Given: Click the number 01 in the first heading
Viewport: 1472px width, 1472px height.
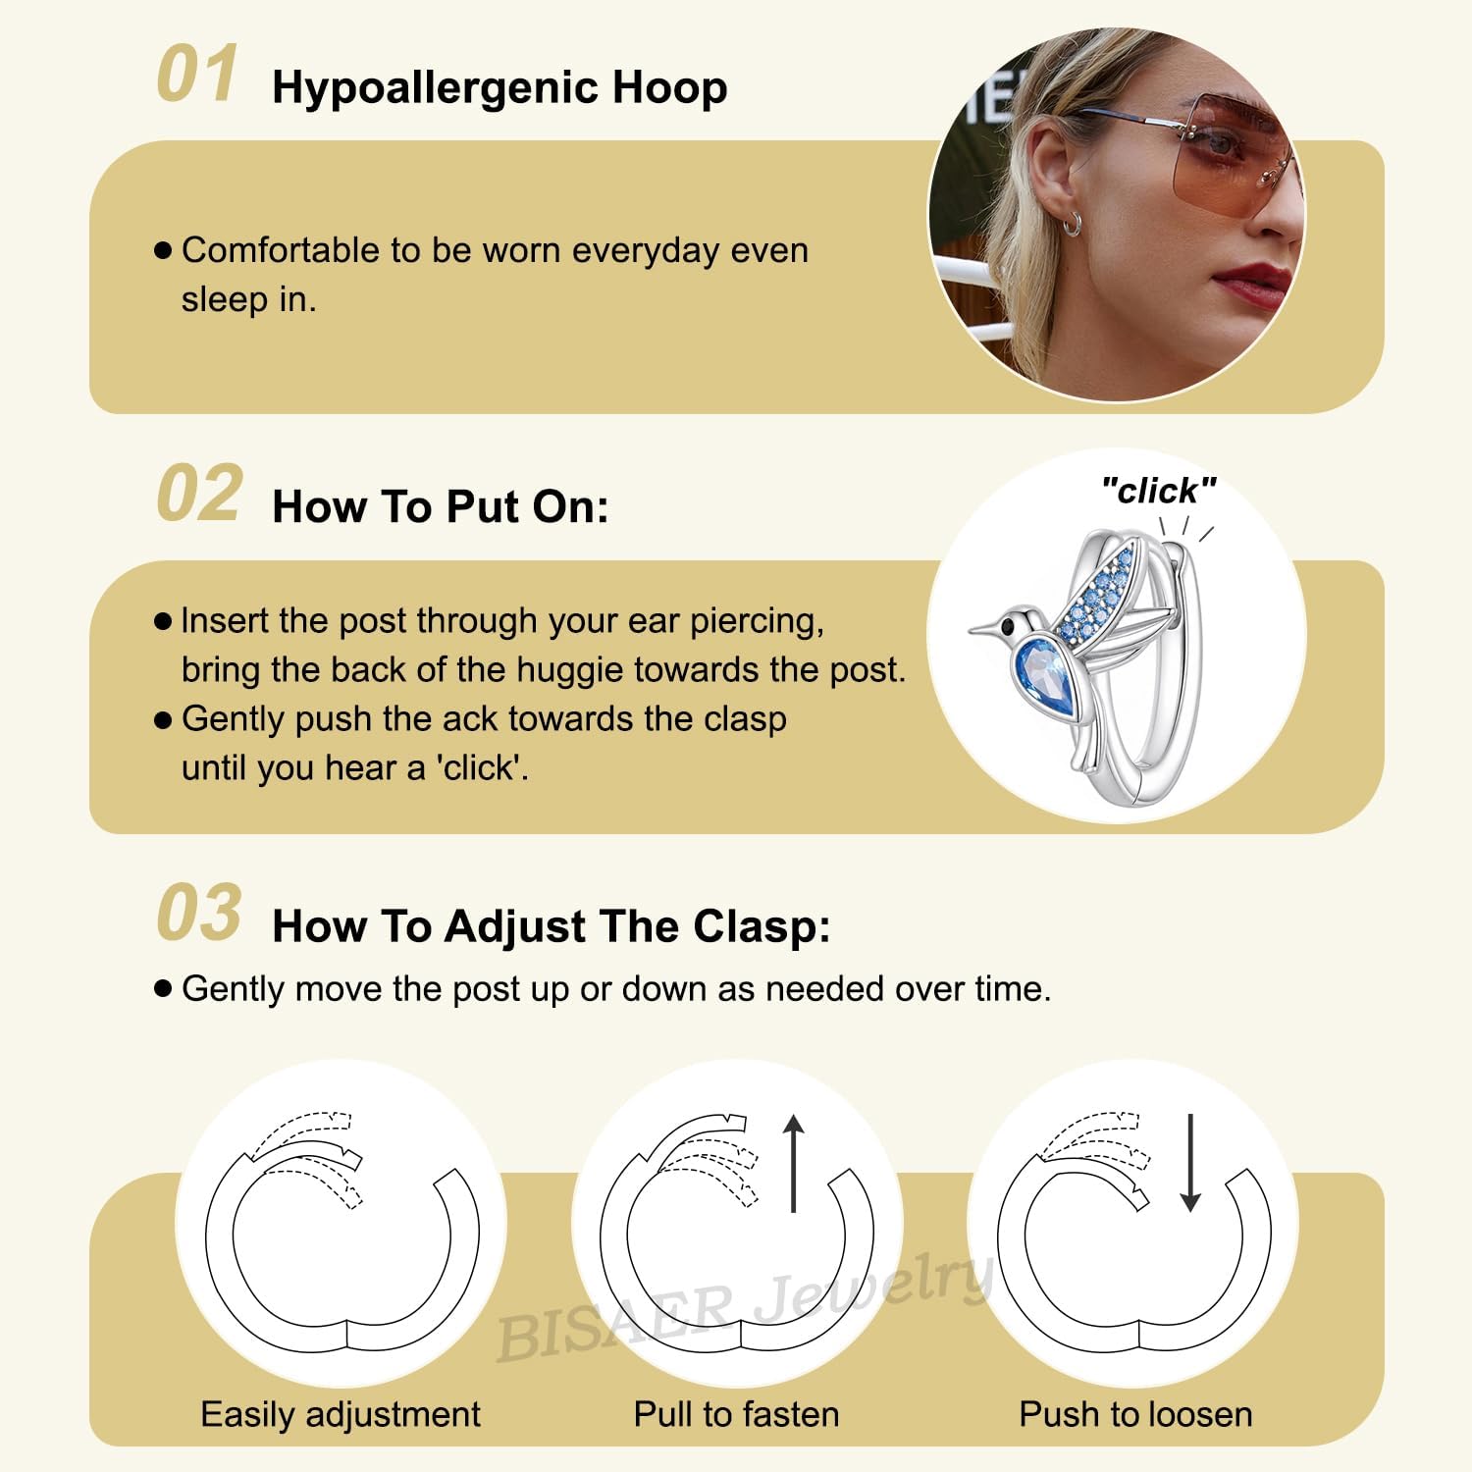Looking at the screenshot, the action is click(x=197, y=74).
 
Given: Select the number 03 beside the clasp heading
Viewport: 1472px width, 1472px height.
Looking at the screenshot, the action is click(x=199, y=912).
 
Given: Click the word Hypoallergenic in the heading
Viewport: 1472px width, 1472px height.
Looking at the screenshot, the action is click(x=435, y=88).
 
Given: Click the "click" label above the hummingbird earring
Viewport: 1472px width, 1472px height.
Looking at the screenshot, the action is click(x=1159, y=490).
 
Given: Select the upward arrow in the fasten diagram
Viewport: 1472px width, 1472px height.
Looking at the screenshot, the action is click(x=794, y=1163).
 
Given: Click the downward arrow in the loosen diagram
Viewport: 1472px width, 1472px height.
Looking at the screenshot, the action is click(x=1190, y=1163).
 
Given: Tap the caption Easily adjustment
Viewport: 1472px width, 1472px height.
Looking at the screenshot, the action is click(x=341, y=1414).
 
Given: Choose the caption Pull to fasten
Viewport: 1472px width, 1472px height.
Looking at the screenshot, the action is click(x=737, y=1414).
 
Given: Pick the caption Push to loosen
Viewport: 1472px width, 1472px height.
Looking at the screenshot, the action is click(x=1136, y=1414).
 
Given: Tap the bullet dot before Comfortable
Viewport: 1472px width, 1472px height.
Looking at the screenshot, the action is click(x=163, y=250).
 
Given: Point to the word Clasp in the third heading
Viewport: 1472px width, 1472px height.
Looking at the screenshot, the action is click(x=762, y=926).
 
